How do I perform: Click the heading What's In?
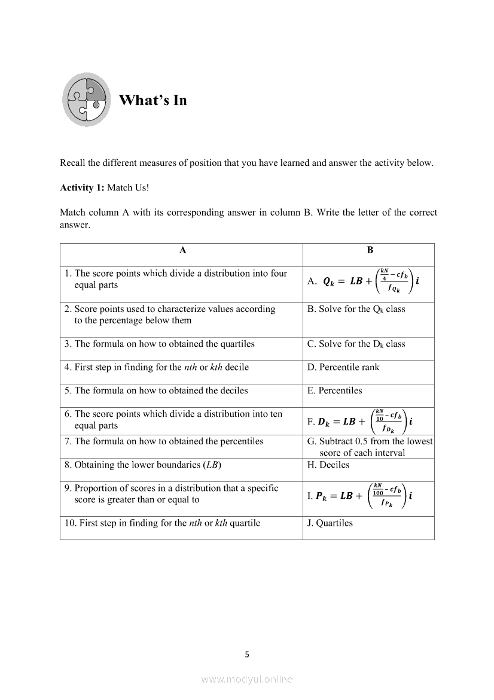[153, 100]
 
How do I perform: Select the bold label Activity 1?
[82, 187]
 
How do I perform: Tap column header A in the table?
[182, 250]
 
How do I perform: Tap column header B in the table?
[370, 250]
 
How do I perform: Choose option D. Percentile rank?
[343, 367]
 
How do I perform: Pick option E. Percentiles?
[335, 390]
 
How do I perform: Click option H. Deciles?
[328, 465]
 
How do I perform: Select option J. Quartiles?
[330, 523]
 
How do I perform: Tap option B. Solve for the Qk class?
[356, 309]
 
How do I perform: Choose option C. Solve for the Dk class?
[356, 344]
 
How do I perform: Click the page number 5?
[247, 654]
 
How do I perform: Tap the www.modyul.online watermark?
[247, 679]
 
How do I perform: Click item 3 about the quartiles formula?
[160, 344]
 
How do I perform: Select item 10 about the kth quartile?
[163, 523]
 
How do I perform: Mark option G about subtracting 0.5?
[370, 447]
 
